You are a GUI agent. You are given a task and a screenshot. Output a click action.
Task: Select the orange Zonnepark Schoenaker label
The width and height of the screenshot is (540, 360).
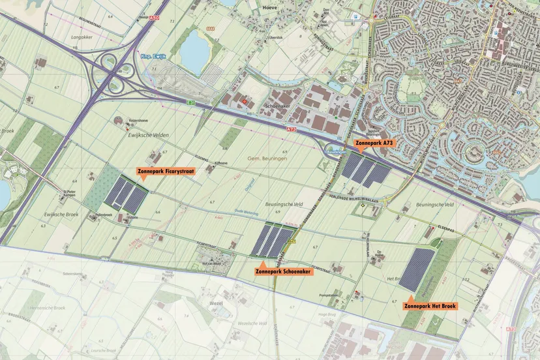click(x=283, y=271)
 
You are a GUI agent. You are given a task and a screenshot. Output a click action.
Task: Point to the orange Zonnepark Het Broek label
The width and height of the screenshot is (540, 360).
click(x=431, y=305)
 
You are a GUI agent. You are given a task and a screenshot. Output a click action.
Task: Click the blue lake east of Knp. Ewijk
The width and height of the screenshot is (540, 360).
click(x=194, y=50)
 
